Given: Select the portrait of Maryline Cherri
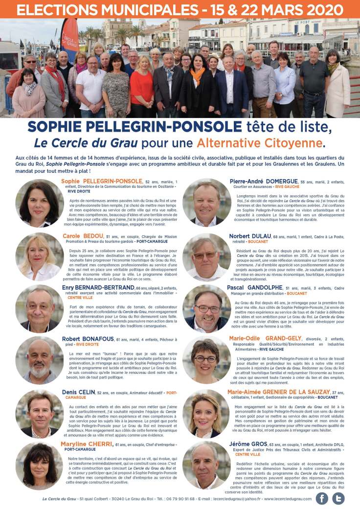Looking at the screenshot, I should click(x=40, y=465).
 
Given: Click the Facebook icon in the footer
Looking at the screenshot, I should click(x=322, y=498).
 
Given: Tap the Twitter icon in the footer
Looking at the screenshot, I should click(x=338, y=498).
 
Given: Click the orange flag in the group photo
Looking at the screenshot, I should click(x=69, y=39).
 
